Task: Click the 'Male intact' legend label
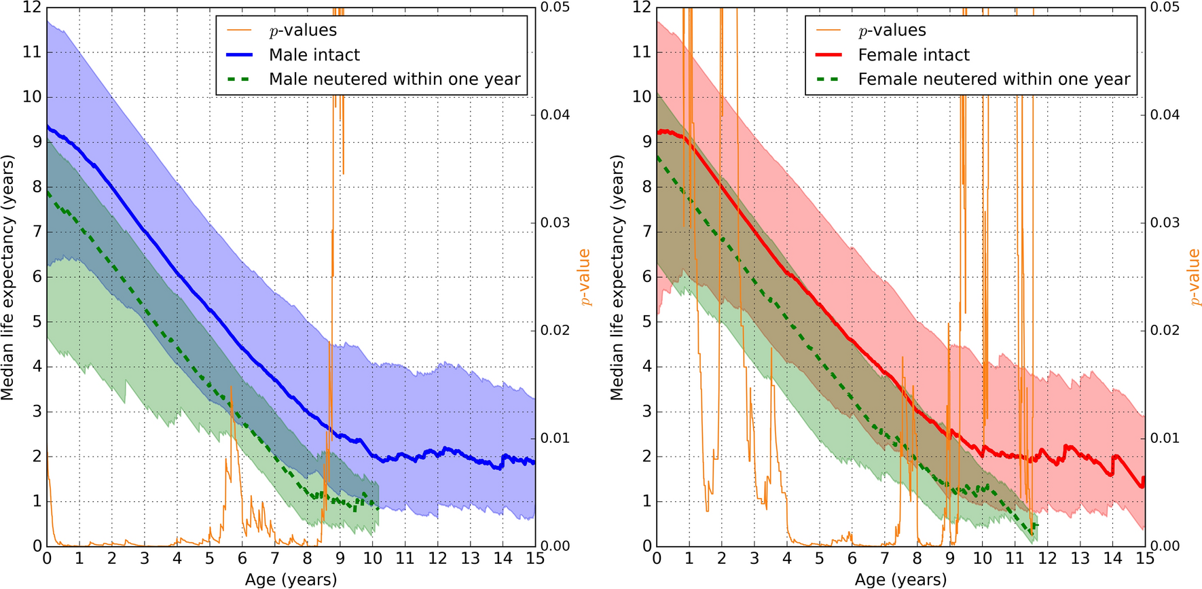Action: click(314, 55)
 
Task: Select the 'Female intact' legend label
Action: click(913, 55)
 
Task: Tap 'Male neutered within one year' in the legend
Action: click(395, 79)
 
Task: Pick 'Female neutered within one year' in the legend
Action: click(994, 79)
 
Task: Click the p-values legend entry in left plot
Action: click(303, 31)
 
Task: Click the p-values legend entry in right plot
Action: click(892, 31)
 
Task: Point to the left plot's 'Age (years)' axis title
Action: click(291, 579)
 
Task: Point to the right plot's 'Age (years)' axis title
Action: click(900, 579)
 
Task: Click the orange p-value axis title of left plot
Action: click(584, 277)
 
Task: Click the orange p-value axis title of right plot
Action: click(1194, 277)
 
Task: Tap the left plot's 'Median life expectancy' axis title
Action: click(8, 277)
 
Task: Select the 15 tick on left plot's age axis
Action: click(535, 559)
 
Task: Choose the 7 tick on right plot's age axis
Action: click(884, 559)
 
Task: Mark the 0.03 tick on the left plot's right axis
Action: click(555, 223)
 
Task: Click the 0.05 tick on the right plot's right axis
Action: click(1165, 7)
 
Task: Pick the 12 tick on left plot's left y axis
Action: click(32, 7)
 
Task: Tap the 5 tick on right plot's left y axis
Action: click(646, 321)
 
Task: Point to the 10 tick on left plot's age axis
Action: click(372, 559)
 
